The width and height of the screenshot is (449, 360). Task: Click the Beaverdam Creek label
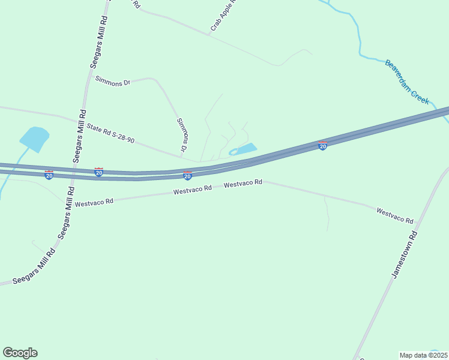[408, 82]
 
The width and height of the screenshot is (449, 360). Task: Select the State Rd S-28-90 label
[110, 133]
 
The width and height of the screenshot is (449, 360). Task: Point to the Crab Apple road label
[221, 16]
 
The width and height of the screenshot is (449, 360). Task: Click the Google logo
[20, 353]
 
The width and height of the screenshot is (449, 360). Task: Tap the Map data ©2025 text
[423, 355]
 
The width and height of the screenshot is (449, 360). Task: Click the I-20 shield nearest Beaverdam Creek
[322, 146]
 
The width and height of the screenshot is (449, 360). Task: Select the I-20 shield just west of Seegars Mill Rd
[49, 175]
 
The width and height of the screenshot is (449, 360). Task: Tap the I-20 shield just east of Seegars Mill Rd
[98, 173]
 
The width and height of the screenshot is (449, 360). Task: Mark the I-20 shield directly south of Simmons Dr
[187, 176]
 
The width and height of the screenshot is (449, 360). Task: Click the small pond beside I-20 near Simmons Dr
[244, 149]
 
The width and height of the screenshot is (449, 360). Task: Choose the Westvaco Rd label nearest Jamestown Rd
[394, 216]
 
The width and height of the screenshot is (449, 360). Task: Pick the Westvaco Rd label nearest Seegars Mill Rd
[94, 202]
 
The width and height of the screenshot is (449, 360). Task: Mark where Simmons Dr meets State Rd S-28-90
[182, 157]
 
